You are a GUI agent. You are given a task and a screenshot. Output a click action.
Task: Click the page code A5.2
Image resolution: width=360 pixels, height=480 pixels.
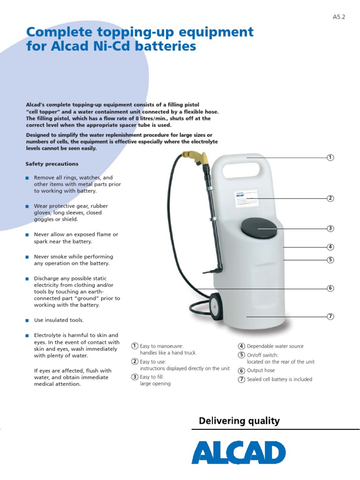coord(338,17)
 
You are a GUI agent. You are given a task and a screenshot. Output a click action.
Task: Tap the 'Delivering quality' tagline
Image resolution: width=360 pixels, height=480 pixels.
coord(239,421)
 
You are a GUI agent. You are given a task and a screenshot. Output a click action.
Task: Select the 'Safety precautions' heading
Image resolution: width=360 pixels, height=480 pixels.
coord(52,164)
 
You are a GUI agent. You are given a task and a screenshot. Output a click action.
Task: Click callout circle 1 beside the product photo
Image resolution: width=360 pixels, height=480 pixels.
coord(330,157)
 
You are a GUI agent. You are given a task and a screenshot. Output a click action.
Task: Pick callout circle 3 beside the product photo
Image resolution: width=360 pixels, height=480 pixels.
coord(330,229)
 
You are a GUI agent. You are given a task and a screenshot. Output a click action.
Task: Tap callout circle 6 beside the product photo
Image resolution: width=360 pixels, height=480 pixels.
coord(330,288)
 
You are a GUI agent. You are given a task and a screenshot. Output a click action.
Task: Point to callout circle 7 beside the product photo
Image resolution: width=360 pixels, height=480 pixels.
coord(330,316)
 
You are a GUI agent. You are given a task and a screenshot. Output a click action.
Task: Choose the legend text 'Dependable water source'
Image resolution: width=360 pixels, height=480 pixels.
coord(275,346)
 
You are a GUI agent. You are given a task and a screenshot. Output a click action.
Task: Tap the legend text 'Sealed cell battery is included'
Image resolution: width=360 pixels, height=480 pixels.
coord(279,379)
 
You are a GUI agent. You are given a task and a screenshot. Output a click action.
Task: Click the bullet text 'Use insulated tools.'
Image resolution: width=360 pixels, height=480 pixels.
coord(59,320)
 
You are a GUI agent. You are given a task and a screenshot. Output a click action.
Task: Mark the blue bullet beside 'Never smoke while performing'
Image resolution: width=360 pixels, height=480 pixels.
coord(27,257)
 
